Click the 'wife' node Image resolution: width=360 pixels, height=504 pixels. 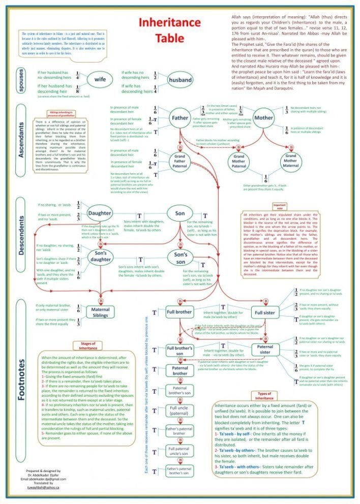coord(100,80)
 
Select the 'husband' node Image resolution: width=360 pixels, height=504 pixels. coord(180,80)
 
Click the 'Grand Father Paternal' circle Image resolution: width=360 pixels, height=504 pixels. coord(179,162)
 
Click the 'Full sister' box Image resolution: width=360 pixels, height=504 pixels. coord(265,312)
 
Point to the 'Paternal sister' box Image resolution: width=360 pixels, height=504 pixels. coord(264,350)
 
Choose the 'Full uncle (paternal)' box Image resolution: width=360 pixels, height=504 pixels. coord(179,411)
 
